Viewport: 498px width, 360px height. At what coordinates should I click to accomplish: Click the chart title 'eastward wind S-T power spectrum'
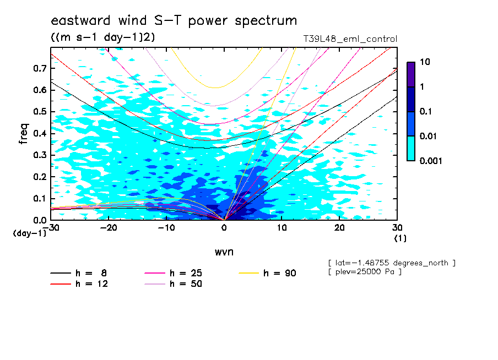[174, 21]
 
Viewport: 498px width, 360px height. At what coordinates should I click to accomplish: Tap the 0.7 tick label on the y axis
[40, 68]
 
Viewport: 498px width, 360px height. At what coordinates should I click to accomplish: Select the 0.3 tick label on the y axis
[40, 155]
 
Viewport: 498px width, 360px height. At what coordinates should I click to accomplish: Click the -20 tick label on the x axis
[108, 228]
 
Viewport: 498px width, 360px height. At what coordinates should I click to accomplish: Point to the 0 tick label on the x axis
[224, 228]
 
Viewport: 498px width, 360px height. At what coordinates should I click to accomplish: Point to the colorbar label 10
[425, 63]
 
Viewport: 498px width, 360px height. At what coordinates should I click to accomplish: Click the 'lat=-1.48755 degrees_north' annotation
[391, 263]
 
